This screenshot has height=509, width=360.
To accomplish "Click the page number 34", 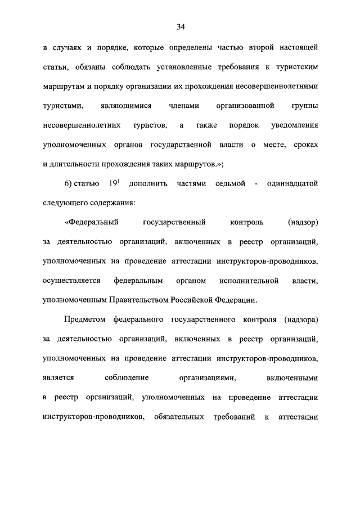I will coord(180,26).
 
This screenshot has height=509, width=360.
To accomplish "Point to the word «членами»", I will coord(170,106).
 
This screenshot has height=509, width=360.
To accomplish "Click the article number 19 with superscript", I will coord(110,184).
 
